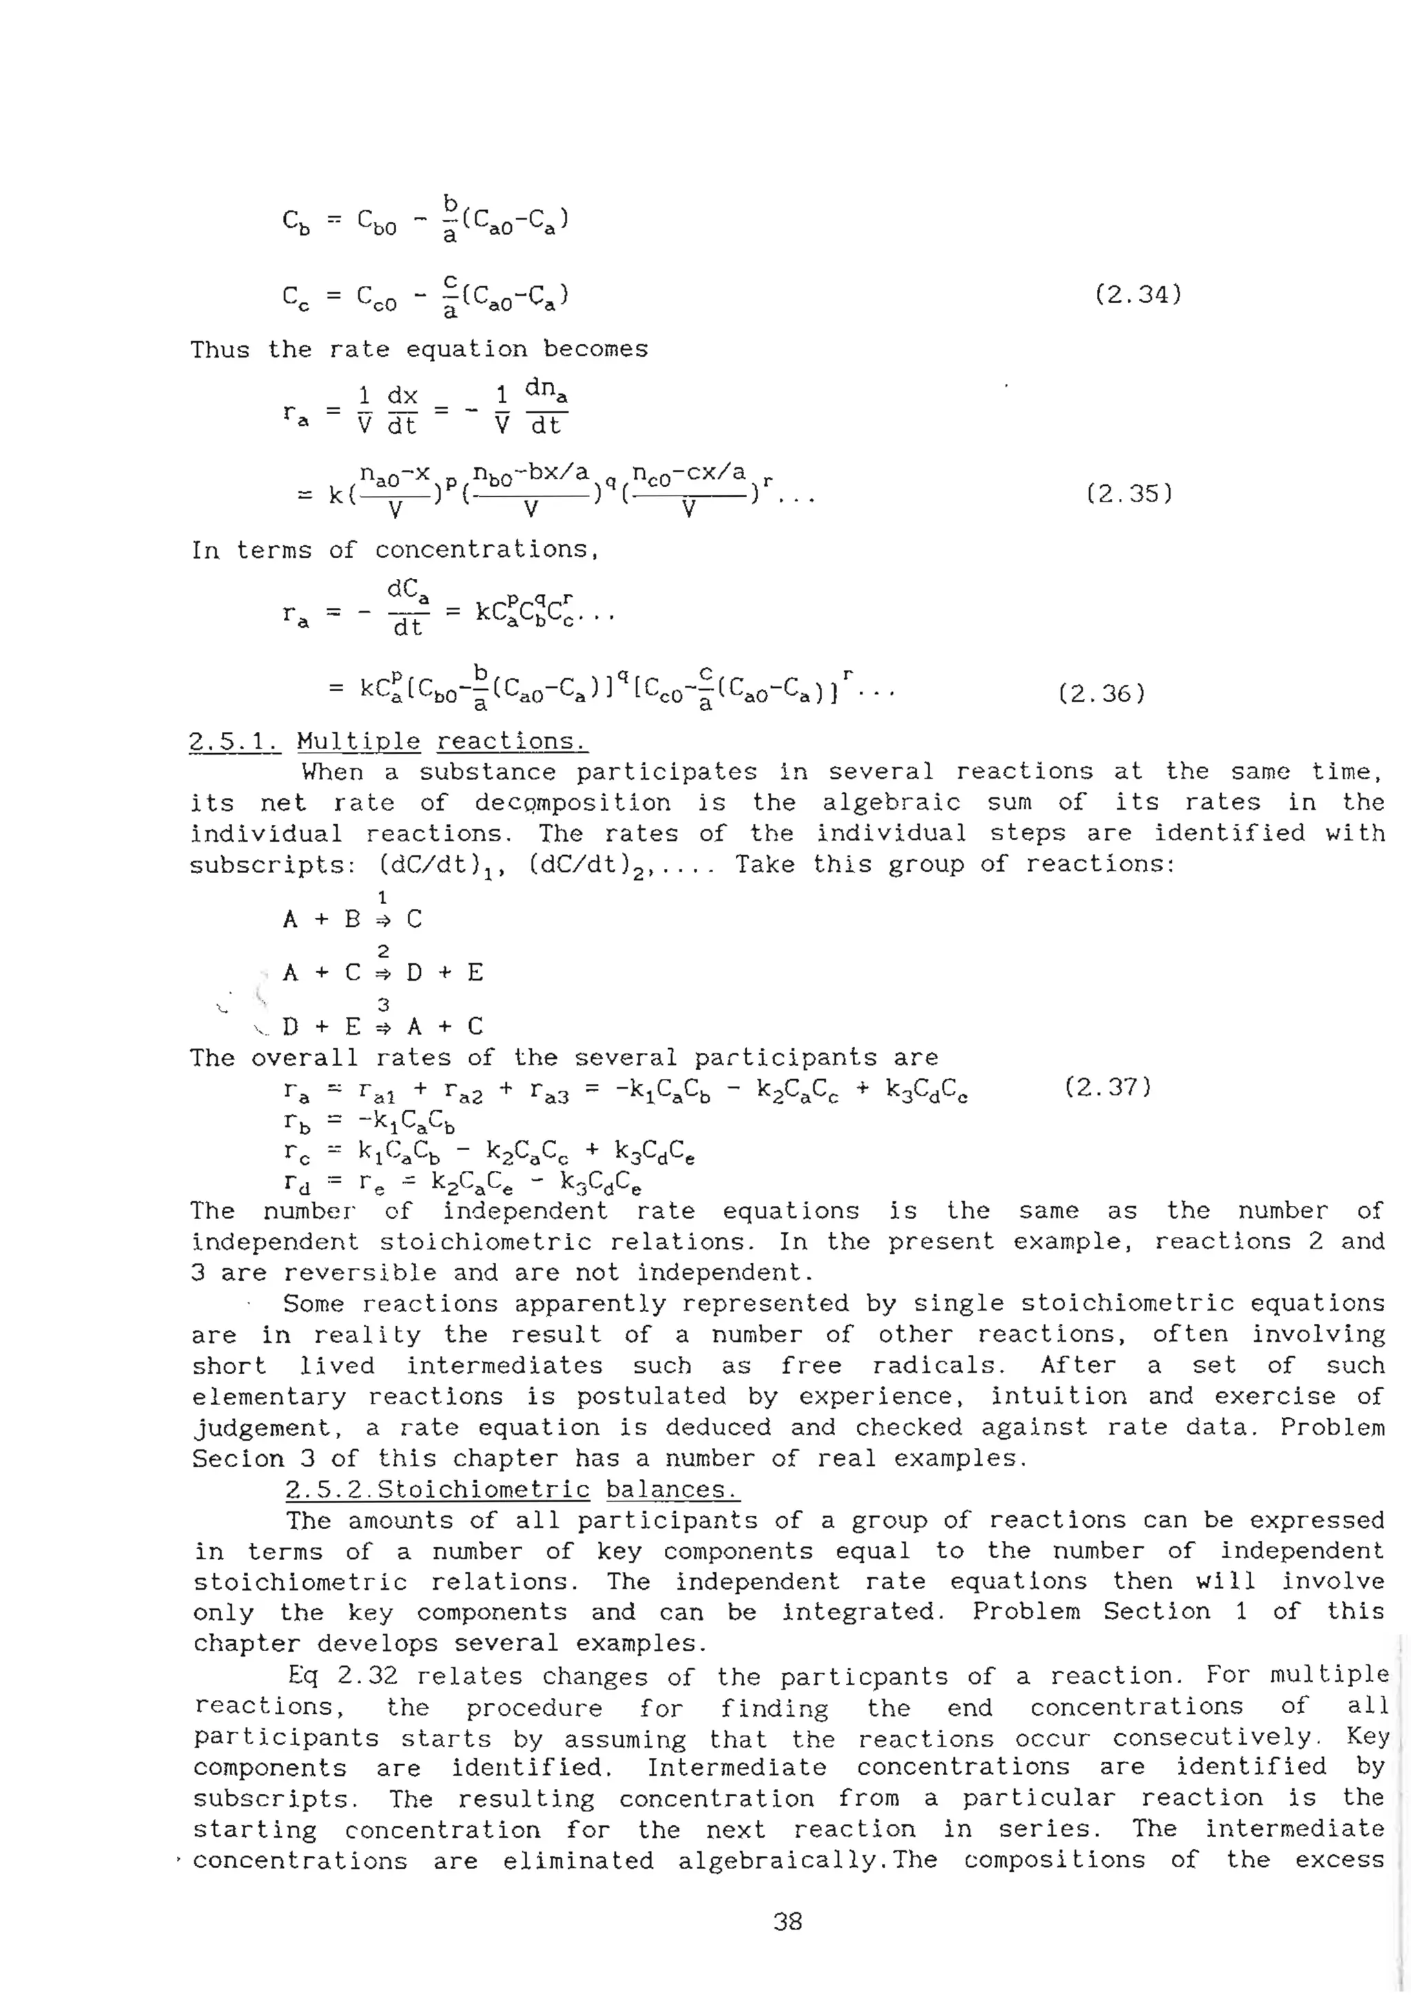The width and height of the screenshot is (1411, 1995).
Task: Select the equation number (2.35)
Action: (1129, 493)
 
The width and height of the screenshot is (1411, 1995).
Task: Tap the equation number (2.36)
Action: (1102, 693)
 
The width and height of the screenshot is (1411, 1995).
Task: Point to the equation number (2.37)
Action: (1108, 1087)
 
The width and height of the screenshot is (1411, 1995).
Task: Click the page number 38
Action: (787, 1921)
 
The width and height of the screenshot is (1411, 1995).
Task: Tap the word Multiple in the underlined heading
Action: (358, 742)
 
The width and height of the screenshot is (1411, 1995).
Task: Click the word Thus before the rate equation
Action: (220, 349)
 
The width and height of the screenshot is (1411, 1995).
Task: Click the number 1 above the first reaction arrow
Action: (382, 897)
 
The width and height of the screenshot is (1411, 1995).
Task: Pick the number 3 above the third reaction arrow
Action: (382, 1005)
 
